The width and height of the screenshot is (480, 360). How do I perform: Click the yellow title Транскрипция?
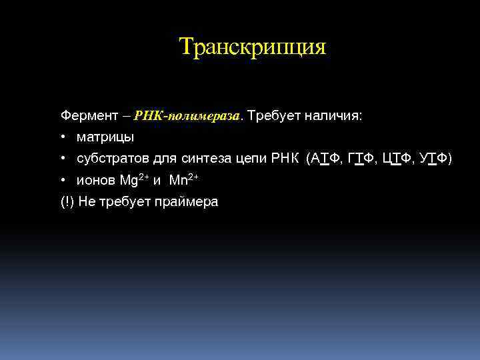[253, 47]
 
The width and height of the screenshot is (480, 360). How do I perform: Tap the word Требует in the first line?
[274, 115]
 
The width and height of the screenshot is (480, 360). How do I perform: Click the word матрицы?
[105, 137]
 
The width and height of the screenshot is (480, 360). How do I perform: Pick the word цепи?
[251, 159]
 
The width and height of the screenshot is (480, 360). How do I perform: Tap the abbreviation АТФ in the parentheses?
[326, 159]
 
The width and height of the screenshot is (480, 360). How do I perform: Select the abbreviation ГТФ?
[361, 159]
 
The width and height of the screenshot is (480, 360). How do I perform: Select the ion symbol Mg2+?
[133, 180]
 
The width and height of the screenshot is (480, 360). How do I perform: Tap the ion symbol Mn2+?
[183, 180]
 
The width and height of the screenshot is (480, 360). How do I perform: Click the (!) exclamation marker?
[67, 202]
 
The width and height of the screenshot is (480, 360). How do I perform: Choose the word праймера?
[189, 202]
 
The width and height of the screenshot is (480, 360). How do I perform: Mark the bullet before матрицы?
[62, 137]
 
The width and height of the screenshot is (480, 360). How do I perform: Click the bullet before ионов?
[62, 181]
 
